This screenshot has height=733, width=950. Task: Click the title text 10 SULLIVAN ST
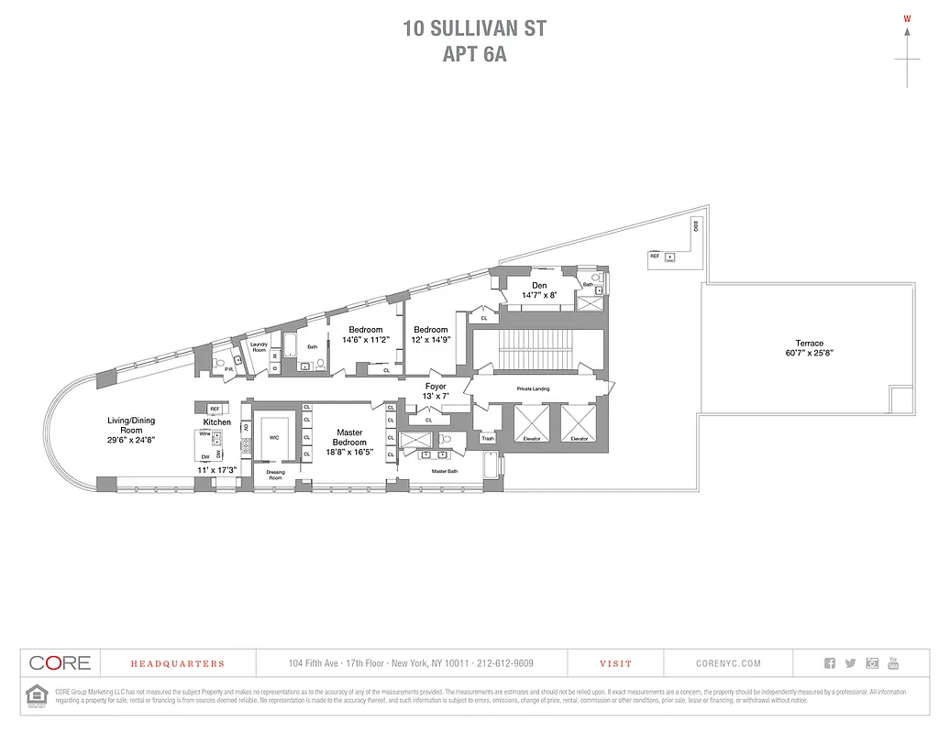(474, 28)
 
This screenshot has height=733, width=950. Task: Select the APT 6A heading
(474, 54)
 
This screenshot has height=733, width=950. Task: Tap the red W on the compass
(907, 18)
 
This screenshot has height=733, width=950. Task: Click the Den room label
(539, 285)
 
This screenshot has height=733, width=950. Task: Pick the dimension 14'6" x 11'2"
(365, 340)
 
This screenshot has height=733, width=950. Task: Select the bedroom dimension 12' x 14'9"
(431, 340)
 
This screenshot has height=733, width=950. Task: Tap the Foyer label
(436, 387)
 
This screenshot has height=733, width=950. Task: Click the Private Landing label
(534, 389)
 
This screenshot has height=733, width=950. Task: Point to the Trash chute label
(487, 439)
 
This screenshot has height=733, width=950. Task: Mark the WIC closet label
(273, 438)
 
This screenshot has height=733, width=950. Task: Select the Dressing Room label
(275, 475)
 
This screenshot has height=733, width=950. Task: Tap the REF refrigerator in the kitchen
(214, 409)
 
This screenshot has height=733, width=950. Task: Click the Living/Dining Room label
(131, 426)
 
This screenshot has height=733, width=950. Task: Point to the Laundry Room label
(259, 347)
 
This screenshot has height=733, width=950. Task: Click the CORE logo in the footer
(60, 663)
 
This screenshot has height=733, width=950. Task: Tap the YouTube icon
(893, 663)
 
